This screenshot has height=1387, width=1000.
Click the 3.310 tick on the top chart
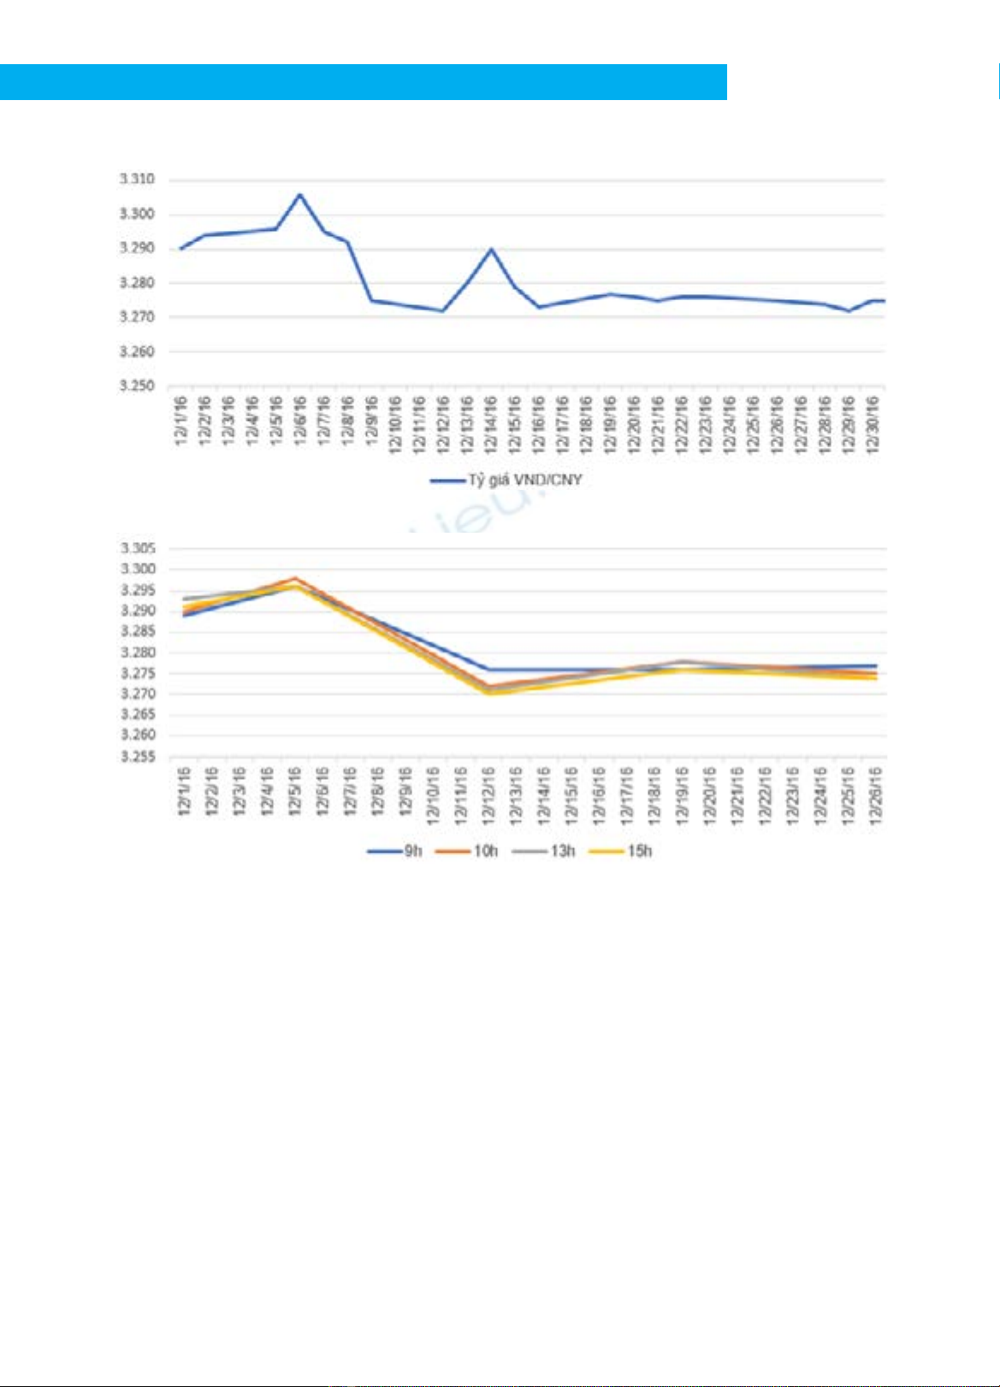136,180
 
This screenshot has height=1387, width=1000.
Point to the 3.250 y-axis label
136,387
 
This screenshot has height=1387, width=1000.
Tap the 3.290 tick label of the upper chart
136,249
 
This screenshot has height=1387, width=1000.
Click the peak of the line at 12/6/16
299,195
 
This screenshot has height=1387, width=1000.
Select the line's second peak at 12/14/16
491,249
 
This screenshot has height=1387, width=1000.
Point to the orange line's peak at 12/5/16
294,579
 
